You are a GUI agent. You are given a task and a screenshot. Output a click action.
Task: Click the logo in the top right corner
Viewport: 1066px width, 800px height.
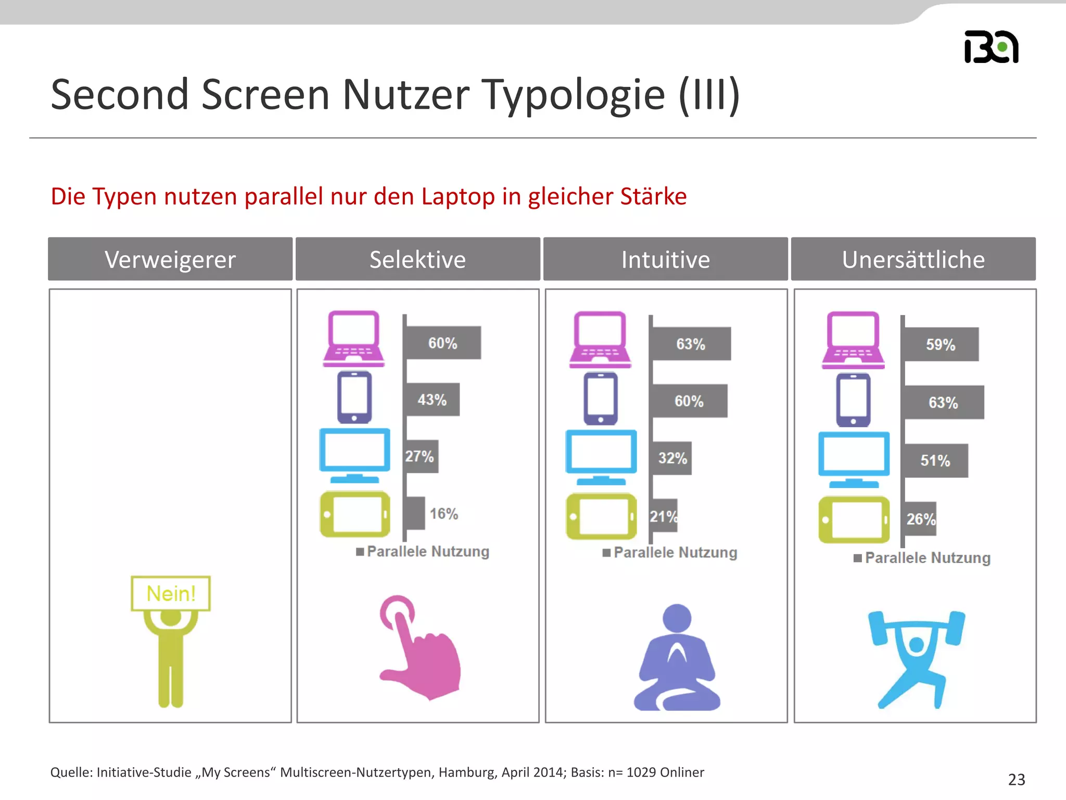click(x=991, y=47)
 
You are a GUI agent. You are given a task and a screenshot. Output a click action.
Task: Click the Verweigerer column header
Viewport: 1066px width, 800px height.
click(x=170, y=259)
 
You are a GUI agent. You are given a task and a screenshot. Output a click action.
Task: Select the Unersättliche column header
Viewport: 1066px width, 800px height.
click(x=913, y=259)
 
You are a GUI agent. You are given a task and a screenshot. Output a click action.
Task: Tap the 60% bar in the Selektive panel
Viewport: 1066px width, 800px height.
click(x=442, y=343)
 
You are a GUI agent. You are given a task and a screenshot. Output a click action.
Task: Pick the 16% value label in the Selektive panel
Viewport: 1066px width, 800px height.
click(x=444, y=514)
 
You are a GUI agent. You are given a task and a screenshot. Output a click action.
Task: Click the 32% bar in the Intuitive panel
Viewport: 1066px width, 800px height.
click(x=672, y=458)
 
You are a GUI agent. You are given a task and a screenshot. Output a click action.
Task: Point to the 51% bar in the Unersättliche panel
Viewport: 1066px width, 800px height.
click(x=936, y=460)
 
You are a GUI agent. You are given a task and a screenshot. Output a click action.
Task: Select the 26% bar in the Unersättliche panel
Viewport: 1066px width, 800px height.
click(x=920, y=519)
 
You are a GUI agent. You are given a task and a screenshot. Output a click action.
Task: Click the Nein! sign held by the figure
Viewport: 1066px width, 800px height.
click(x=171, y=593)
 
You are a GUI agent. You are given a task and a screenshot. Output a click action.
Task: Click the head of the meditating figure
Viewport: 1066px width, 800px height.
click(x=677, y=618)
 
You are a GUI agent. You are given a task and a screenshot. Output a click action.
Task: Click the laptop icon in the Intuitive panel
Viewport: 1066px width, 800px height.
click(x=600, y=339)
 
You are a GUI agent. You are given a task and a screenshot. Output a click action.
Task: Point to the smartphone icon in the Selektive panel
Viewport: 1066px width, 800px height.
click(x=354, y=397)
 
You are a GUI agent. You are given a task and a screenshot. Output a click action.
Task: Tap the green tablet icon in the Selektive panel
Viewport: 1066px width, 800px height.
click(x=355, y=514)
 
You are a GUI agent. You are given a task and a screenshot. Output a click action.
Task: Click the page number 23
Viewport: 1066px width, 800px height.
click(x=1017, y=779)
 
